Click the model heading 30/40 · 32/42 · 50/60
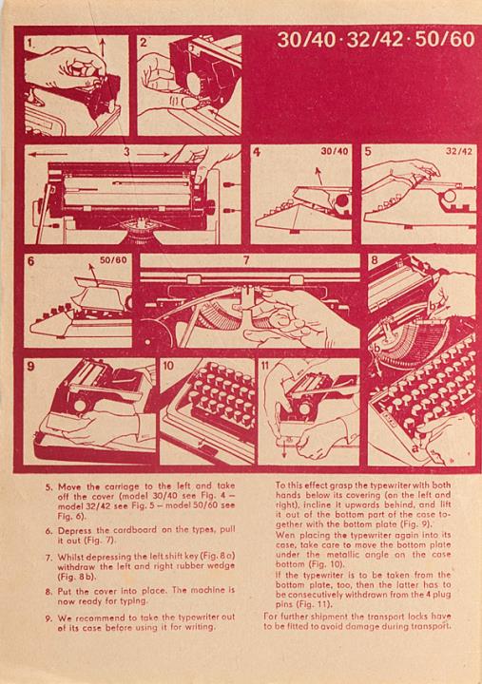click(376, 40)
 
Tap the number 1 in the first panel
click(29, 43)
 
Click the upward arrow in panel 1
click(102, 47)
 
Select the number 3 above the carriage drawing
click(126, 152)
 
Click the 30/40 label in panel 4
click(335, 151)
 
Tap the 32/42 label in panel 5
click(459, 151)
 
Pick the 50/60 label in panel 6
click(113, 260)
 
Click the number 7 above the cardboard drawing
click(246, 260)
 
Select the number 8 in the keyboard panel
click(375, 261)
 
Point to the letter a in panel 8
click(415, 448)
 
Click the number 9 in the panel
click(30, 366)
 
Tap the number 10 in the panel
click(168, 366)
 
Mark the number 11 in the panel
click(264, 366)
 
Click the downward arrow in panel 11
click(284, 448)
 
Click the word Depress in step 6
click(75, 531)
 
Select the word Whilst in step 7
click(70, 557)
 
